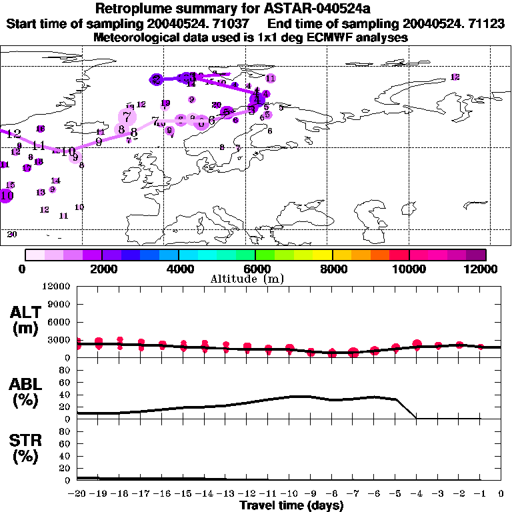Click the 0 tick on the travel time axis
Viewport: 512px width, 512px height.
[501, 493]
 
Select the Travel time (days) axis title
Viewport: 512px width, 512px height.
[291, 505]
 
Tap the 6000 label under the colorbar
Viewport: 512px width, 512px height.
[256, 269]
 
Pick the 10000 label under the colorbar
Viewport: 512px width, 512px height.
[409, 269]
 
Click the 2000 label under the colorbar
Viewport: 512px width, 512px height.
[101, 269]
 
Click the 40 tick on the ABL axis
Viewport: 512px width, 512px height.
[65, 395]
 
